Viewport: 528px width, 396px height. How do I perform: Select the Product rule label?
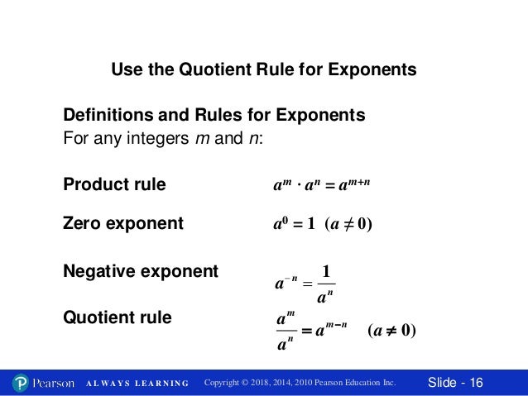(114, 184)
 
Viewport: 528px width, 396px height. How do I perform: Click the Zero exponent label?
(123, 223)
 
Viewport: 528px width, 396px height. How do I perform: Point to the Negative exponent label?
(141, 270)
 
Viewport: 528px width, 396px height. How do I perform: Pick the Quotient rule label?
(118, 317)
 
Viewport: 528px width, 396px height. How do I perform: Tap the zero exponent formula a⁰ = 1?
(295, 224)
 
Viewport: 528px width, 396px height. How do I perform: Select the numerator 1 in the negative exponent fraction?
(326, 270)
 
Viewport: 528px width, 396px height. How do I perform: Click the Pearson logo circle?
(22, 383)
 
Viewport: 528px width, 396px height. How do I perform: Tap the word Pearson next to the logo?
(54, 383)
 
